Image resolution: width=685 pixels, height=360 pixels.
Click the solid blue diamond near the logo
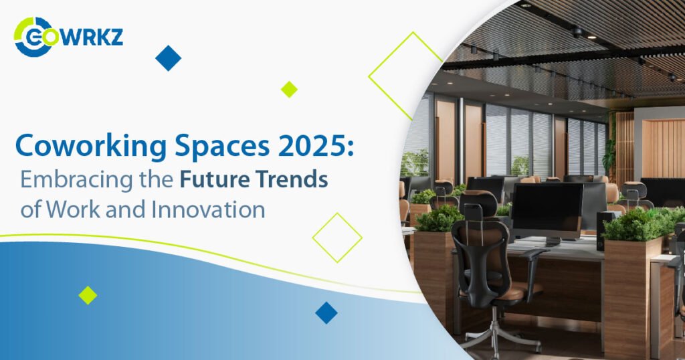click(169, 58)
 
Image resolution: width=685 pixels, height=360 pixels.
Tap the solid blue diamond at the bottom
click(326, 312)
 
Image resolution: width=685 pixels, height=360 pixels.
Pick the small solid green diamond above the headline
click(289, 89)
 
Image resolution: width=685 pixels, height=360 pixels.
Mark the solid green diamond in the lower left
click(88, 295)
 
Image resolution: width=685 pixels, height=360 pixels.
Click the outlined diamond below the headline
click(337, 238)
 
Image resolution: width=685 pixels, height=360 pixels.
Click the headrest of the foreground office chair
click(478, 204)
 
